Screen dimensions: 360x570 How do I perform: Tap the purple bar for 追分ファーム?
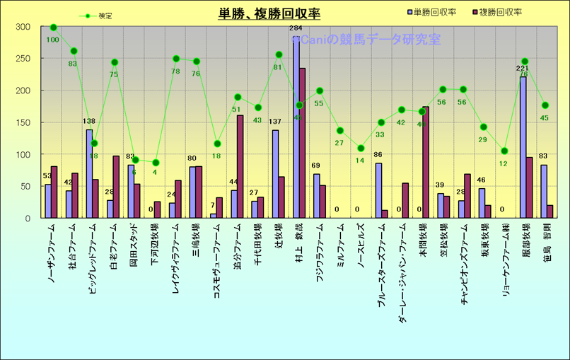(x=240, y=167)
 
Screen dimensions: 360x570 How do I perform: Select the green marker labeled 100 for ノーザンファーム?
(x=53, y=27)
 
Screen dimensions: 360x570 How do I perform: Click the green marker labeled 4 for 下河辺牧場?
(x=156, y=163)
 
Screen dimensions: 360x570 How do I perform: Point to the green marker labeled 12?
(x=504, y=151)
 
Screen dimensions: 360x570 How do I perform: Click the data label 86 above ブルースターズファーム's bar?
(x=378, y=155)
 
